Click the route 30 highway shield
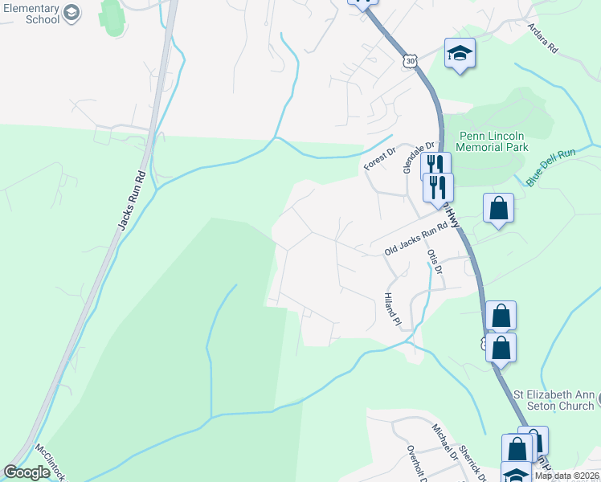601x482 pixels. click(411, 60)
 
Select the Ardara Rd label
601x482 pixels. click(542, 37)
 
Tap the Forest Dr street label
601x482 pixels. click(380, 157)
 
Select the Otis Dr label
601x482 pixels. click(435, 261)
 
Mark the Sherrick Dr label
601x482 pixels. click(469, 462)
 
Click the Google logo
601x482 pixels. click(27, 472)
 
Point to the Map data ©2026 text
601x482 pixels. click(566, 476)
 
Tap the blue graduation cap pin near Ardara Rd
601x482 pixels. click(460, 54)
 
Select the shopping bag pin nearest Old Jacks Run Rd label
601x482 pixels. click(498, 209)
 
